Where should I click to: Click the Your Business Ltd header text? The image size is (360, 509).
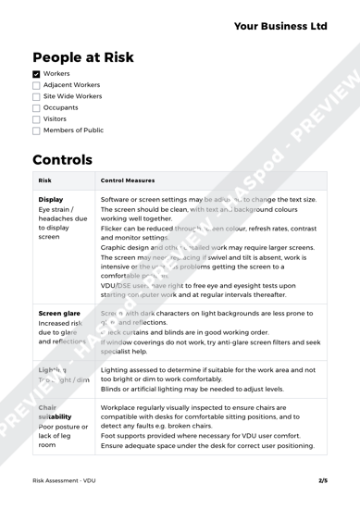[280, 27]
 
